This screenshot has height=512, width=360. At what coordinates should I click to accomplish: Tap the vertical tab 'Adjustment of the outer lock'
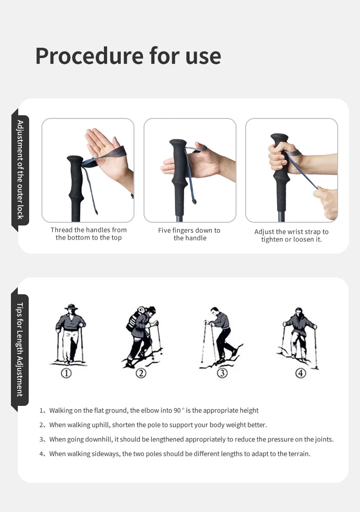[x=20, y=169]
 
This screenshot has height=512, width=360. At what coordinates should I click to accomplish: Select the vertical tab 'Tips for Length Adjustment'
[x=20, y=349]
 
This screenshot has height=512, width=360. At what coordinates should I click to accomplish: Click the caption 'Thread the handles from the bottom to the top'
[x=89, y=234]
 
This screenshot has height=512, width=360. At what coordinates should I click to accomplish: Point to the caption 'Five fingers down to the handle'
[x=189, y=234]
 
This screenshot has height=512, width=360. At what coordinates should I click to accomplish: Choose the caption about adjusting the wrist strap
[x=291, y=236]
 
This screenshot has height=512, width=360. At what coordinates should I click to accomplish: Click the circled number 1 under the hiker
[x=67, y=373]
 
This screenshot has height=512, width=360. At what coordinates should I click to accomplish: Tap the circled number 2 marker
[x=141, y=373]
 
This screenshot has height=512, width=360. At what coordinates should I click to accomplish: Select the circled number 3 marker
[x=222, y=373]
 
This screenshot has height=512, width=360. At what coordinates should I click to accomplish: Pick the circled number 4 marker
[x=301, y=373]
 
